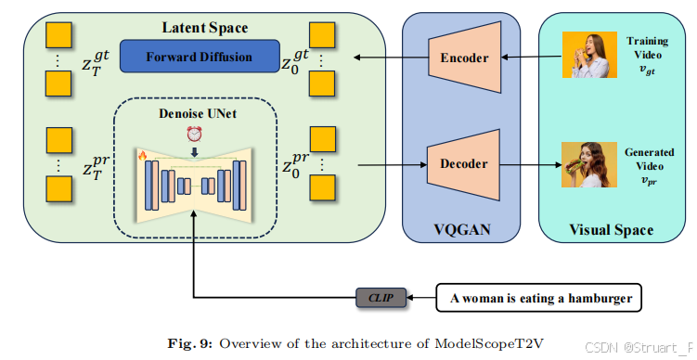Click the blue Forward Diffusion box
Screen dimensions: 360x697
click(199, 57)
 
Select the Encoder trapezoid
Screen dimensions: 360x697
click(463, 58)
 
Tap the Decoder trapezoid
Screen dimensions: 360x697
click(463, 164)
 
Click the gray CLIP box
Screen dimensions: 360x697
click(381, 298)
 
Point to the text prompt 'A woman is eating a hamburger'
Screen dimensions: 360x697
click(539, 298)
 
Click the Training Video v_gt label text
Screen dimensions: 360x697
click(647, 51)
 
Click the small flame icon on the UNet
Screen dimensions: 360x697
click(143, 155)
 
